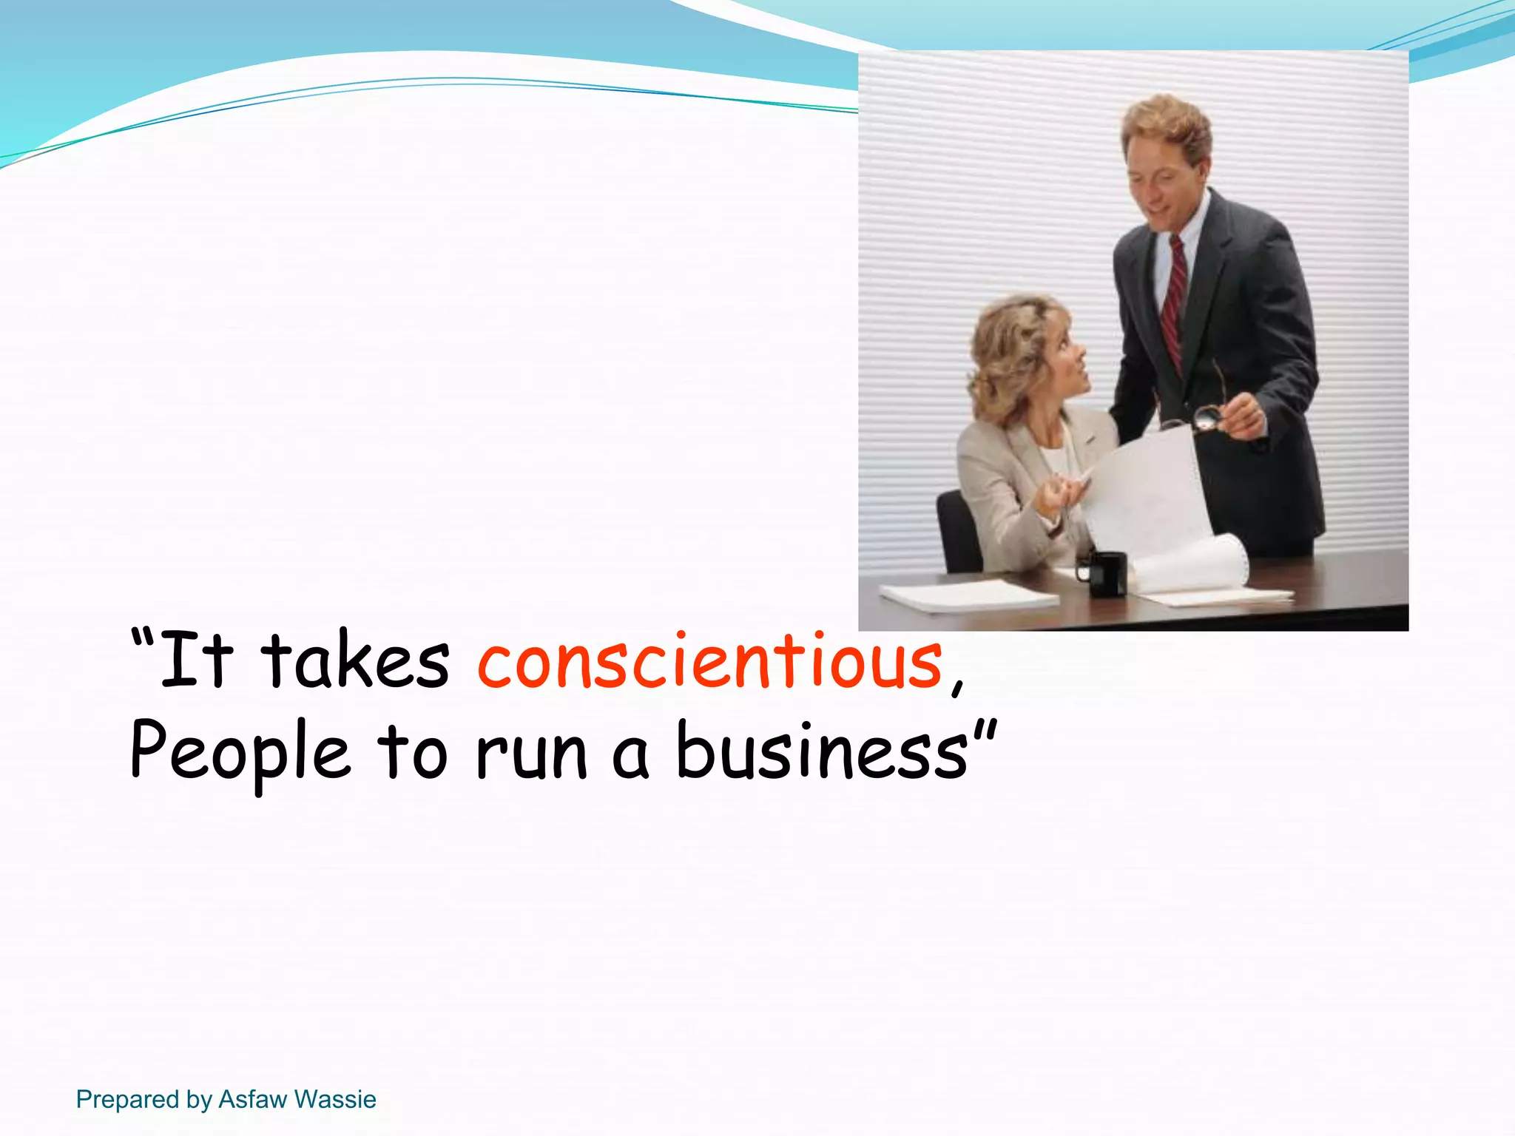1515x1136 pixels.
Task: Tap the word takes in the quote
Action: (355, 660)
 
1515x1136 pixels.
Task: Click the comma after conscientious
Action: (957, 684)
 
